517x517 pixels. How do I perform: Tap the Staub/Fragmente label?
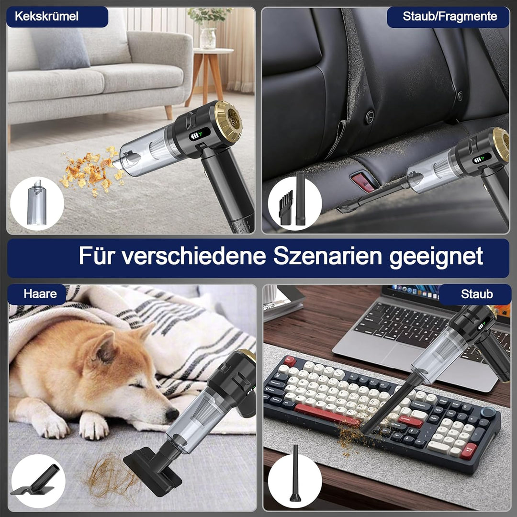pyautogui.click(x=450, y=17)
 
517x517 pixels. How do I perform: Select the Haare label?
pyautogui.click(x=40, y=293)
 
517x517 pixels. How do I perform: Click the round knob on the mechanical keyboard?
pyautogui.click(x=488, y=412)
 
